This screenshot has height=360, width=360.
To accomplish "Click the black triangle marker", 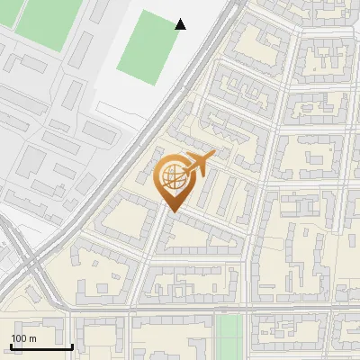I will point(180,24).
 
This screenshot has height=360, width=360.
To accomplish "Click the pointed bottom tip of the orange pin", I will point(174,211).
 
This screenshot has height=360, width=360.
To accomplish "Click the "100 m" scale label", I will point(23,338).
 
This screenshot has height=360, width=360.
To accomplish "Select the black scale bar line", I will point(41,346).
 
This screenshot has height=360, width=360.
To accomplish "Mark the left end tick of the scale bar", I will point(11,345).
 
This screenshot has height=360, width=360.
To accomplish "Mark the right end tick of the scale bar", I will point(72,345).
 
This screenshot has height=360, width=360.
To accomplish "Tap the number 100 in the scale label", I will point(19,338).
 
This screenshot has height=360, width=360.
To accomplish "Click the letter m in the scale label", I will point(32,338).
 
